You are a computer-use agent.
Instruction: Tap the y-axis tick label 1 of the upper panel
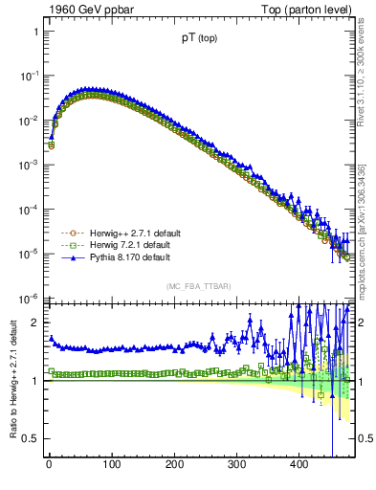click(x=34, y=32)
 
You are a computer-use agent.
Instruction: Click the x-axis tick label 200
click(x=173, y=466)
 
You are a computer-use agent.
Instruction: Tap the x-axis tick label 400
click(x=299, y=466)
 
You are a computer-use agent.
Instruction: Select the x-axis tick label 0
click(x=49, y=466)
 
